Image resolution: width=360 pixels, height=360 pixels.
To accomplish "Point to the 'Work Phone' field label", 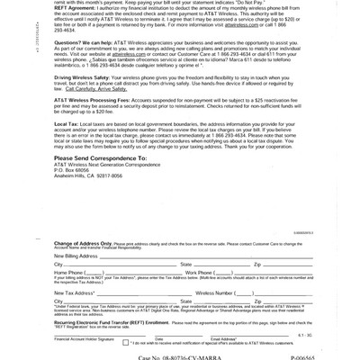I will tap(199, 272).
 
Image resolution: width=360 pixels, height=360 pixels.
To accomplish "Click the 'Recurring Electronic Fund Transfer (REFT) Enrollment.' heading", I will tap(112, 321).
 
